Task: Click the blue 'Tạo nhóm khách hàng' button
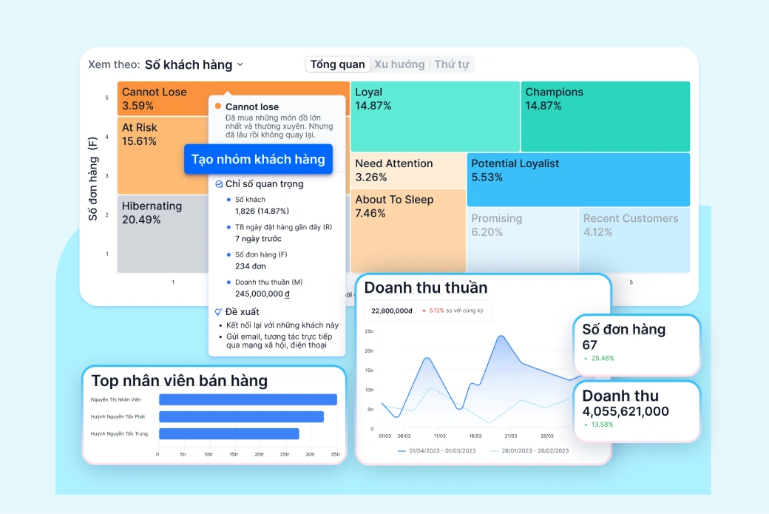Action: click(x=258, y=160)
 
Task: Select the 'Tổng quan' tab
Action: click(x=337, y=64)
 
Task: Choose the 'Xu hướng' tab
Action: click(x=399, y=64)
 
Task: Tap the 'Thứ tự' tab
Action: click(x=452, y=64)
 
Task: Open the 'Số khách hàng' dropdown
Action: click(x=194, y=65)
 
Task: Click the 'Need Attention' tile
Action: click(x=407, y=170)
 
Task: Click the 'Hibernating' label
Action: click(x=152, y=206)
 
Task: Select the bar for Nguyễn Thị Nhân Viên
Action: click(x=248, y=399)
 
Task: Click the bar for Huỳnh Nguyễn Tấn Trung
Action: click(x=228, y=434)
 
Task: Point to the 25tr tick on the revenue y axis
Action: click(x=369, y=331)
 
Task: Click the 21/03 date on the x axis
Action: click(x=511, y=436)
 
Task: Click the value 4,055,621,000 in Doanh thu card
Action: click(x=626, y=411)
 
